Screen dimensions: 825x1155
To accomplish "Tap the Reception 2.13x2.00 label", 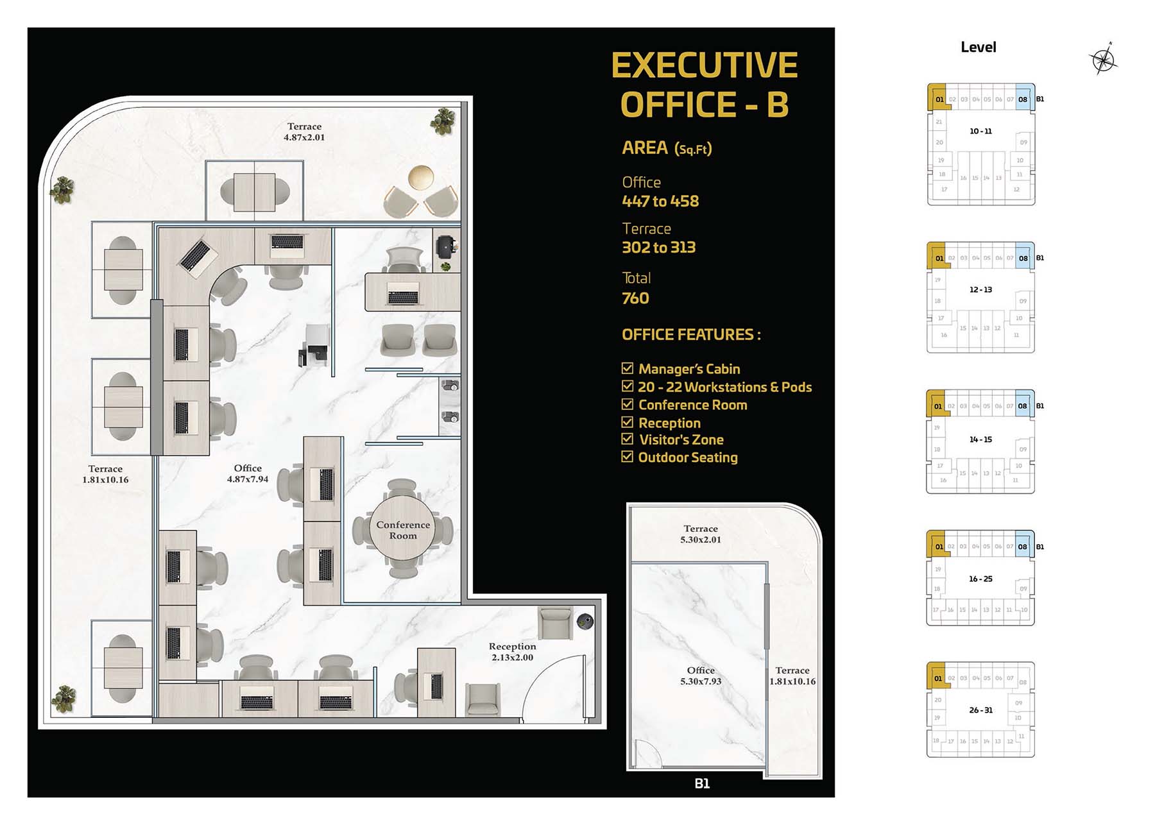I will [512, 652].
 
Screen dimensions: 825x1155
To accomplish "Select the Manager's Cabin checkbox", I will [628, 368].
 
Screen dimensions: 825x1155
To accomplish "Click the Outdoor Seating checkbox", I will [628, 457].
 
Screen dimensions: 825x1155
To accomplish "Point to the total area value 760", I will [635, 298].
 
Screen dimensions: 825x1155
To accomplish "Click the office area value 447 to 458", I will [660, 201].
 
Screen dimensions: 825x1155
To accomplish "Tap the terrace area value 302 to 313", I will [659, 248].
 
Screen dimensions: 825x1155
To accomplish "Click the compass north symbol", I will [1103, 60].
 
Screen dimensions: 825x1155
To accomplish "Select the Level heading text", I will [978, 47].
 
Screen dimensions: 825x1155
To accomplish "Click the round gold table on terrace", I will [421, 177].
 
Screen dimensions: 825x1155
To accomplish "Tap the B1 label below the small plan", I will [702, 783].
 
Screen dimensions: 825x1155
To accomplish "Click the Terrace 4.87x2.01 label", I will [304, 132].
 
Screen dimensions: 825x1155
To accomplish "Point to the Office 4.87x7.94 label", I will [248, 473].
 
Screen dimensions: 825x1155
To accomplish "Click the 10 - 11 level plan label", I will [980, 131].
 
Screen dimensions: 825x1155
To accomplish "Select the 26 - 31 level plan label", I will [980, 710].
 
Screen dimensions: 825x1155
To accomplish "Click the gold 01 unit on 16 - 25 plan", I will [939, 547].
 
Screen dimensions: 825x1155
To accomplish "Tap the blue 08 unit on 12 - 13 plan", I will [1023, 259].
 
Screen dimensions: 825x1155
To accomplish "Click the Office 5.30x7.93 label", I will [701, 676].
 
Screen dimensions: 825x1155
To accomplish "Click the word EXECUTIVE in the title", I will [704, 65].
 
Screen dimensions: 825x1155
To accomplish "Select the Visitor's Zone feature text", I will [681, 440].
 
